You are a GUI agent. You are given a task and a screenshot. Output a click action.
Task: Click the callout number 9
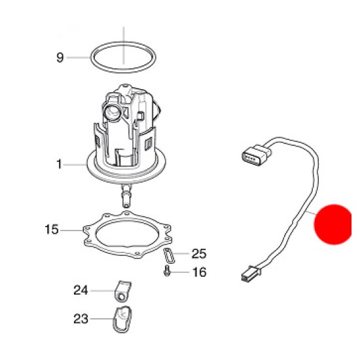coord(60,57)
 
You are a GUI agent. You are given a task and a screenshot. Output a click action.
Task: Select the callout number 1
coord(59,164)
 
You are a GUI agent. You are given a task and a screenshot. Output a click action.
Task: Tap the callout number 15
coord(52,229)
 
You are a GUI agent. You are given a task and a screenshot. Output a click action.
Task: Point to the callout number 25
coord(199,254)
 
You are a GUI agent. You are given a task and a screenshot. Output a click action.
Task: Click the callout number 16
coord(199,272)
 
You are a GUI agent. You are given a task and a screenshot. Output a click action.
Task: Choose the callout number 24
coord(81,290)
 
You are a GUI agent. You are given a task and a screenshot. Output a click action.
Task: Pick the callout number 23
coord(81,319)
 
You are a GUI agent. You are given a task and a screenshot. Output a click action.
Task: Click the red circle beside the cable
coord(333,225)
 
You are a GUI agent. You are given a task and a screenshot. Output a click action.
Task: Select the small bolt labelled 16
coord(166,271)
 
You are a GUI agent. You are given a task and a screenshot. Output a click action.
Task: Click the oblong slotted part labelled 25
coord(169,255)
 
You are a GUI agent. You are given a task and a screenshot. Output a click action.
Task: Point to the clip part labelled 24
coord(122,291)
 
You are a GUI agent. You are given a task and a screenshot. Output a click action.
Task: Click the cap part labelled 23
coord(122,319)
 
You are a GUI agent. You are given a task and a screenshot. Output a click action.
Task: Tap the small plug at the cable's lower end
coord(251,274)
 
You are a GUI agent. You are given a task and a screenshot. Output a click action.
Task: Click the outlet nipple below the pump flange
coord(126,195)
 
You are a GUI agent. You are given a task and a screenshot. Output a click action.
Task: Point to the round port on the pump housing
coord(111,111)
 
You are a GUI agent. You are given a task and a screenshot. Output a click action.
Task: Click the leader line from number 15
coord(72,230)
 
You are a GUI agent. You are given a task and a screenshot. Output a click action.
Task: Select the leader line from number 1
coord(75,164)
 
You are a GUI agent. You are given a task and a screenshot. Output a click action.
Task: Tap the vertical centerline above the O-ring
coord(124,45)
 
